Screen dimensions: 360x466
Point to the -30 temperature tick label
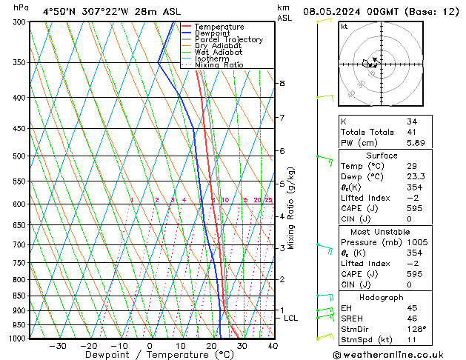57,345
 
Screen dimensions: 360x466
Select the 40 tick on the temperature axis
273,345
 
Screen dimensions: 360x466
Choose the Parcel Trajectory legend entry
228,40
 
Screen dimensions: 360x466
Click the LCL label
291,318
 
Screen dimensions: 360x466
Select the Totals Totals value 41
412,132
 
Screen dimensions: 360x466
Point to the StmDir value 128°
416,329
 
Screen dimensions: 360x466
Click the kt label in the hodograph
344,26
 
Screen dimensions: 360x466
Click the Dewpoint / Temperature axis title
149,355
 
